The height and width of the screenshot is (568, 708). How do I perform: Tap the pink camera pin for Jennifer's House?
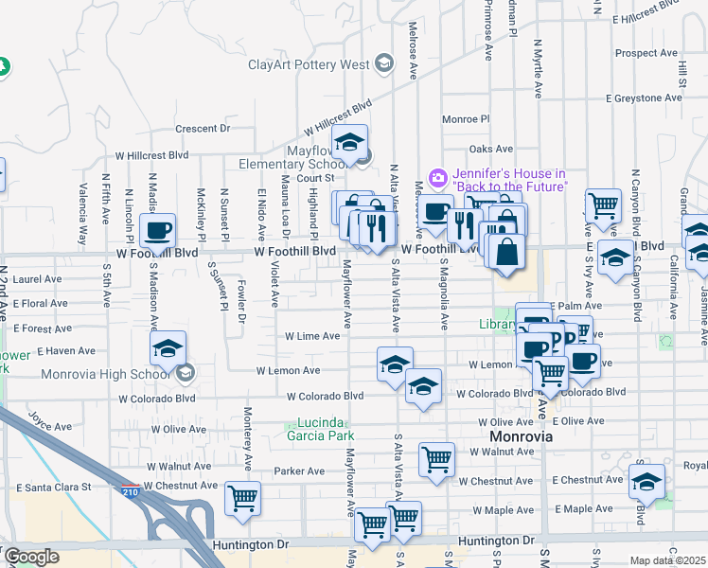[437, 177]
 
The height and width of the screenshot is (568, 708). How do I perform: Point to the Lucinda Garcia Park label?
[320, 429]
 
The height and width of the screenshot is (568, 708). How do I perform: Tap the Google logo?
[31, 557]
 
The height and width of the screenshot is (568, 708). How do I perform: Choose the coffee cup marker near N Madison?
[157, 230]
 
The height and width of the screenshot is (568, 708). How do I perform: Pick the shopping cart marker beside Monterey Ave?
[242, 497]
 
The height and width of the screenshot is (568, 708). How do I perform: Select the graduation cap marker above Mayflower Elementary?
[350, 142]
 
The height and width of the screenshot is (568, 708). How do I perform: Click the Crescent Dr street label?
[203, 129]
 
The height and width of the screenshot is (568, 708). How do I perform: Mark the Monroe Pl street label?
[466, 120]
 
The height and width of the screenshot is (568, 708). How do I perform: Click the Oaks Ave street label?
[490, 149]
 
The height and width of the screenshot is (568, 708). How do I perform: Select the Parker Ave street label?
[299, 470]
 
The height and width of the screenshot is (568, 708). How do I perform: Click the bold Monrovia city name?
[521, 438]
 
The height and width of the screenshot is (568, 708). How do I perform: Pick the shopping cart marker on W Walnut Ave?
[435, 460]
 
